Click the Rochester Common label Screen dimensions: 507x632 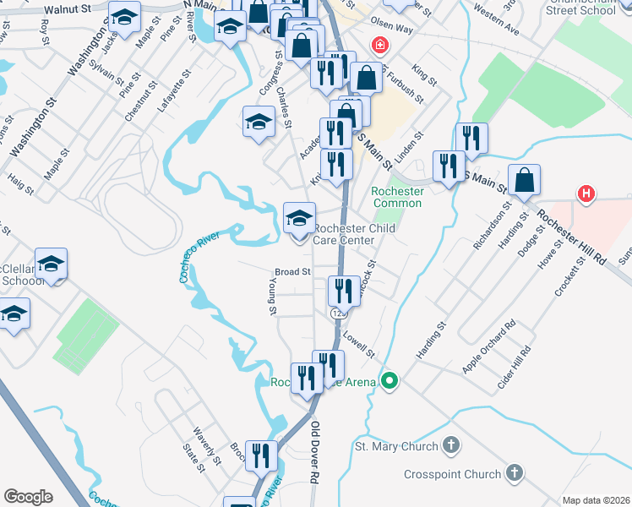click(x=397, y=197)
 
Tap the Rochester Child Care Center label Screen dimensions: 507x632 click(x=343, y=234)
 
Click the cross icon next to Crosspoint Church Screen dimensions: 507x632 click(x=514, y=474)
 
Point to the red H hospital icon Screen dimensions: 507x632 click(x=586, y=194)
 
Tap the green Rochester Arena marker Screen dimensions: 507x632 click(x=389, y=382)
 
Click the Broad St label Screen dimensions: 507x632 click(x=293, y=272)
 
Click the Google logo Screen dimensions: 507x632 click(x=28, y=497)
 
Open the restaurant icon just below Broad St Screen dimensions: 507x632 click(x=343, y=292)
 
